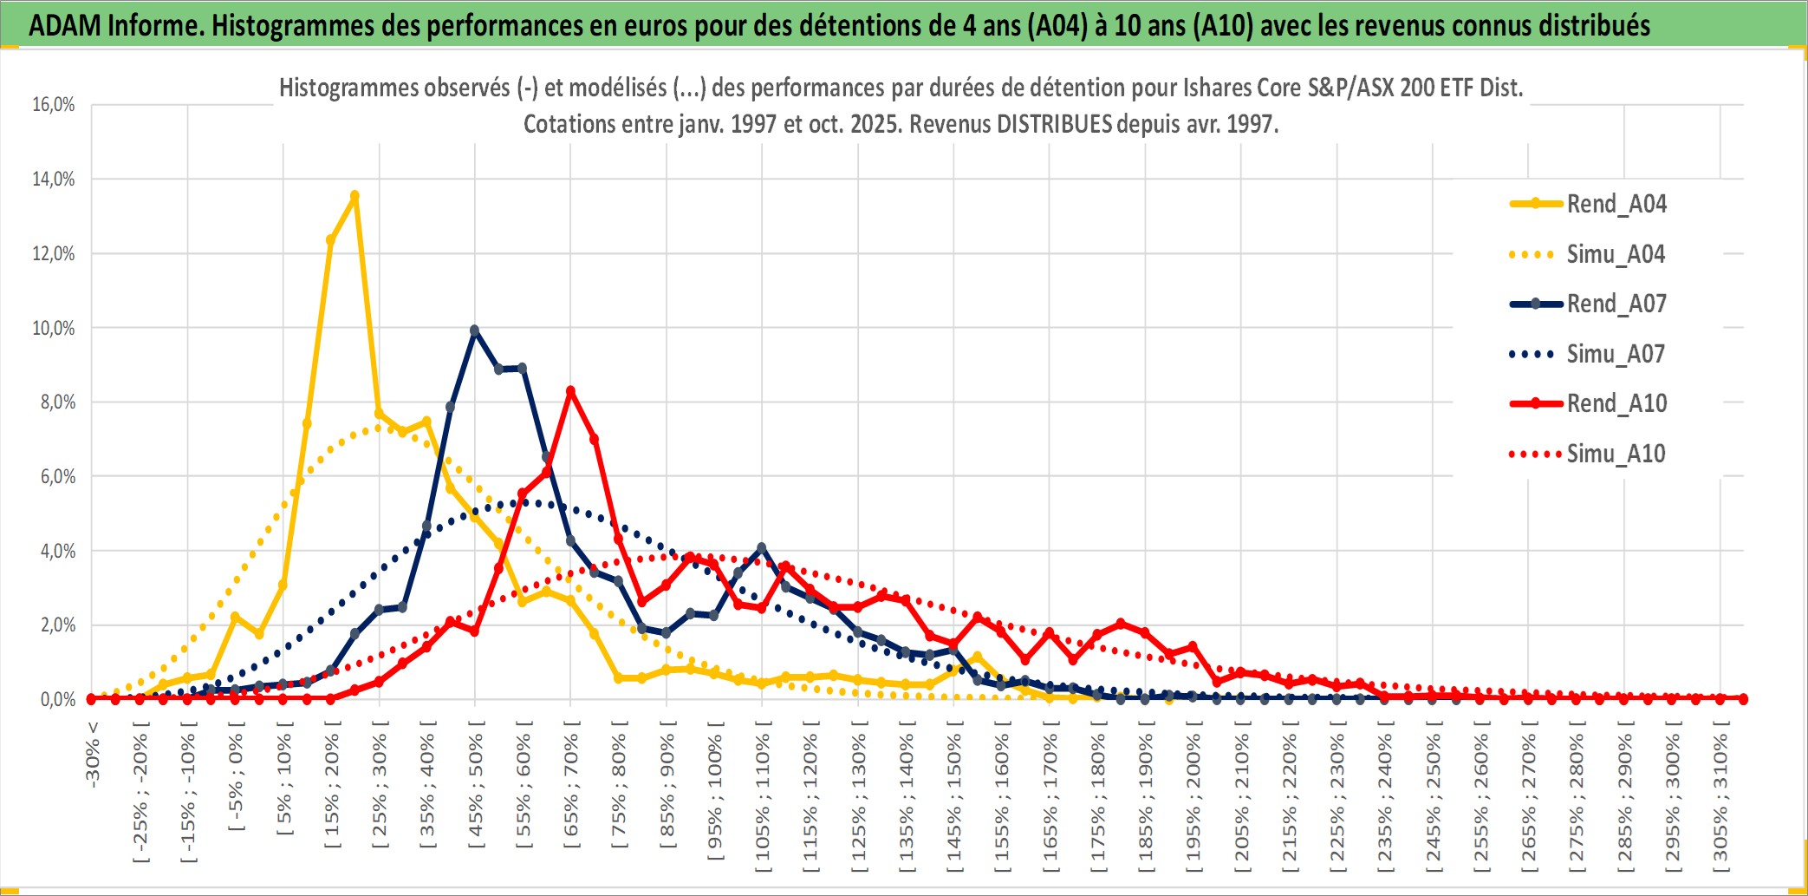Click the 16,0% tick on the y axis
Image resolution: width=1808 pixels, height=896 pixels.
[x=54, y=105]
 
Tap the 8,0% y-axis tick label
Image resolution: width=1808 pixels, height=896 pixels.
[x=57, y=402]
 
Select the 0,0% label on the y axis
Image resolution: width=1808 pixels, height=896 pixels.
[x=57, y=699]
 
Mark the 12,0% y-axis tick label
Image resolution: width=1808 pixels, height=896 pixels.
[x=54, y=254]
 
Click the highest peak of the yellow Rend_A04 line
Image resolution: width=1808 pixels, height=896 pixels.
[x=354, y=196]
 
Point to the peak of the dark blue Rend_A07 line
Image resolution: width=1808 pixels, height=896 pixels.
[x=474, y=330]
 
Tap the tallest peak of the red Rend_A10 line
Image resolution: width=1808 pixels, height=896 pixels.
[x=570, y=391]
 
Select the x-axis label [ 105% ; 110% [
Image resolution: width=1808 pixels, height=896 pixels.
[x=763, y=798]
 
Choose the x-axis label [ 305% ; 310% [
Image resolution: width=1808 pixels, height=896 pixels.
[x=1720, y=798]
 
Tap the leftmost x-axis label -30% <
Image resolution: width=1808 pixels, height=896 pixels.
[x=93, y=755]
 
